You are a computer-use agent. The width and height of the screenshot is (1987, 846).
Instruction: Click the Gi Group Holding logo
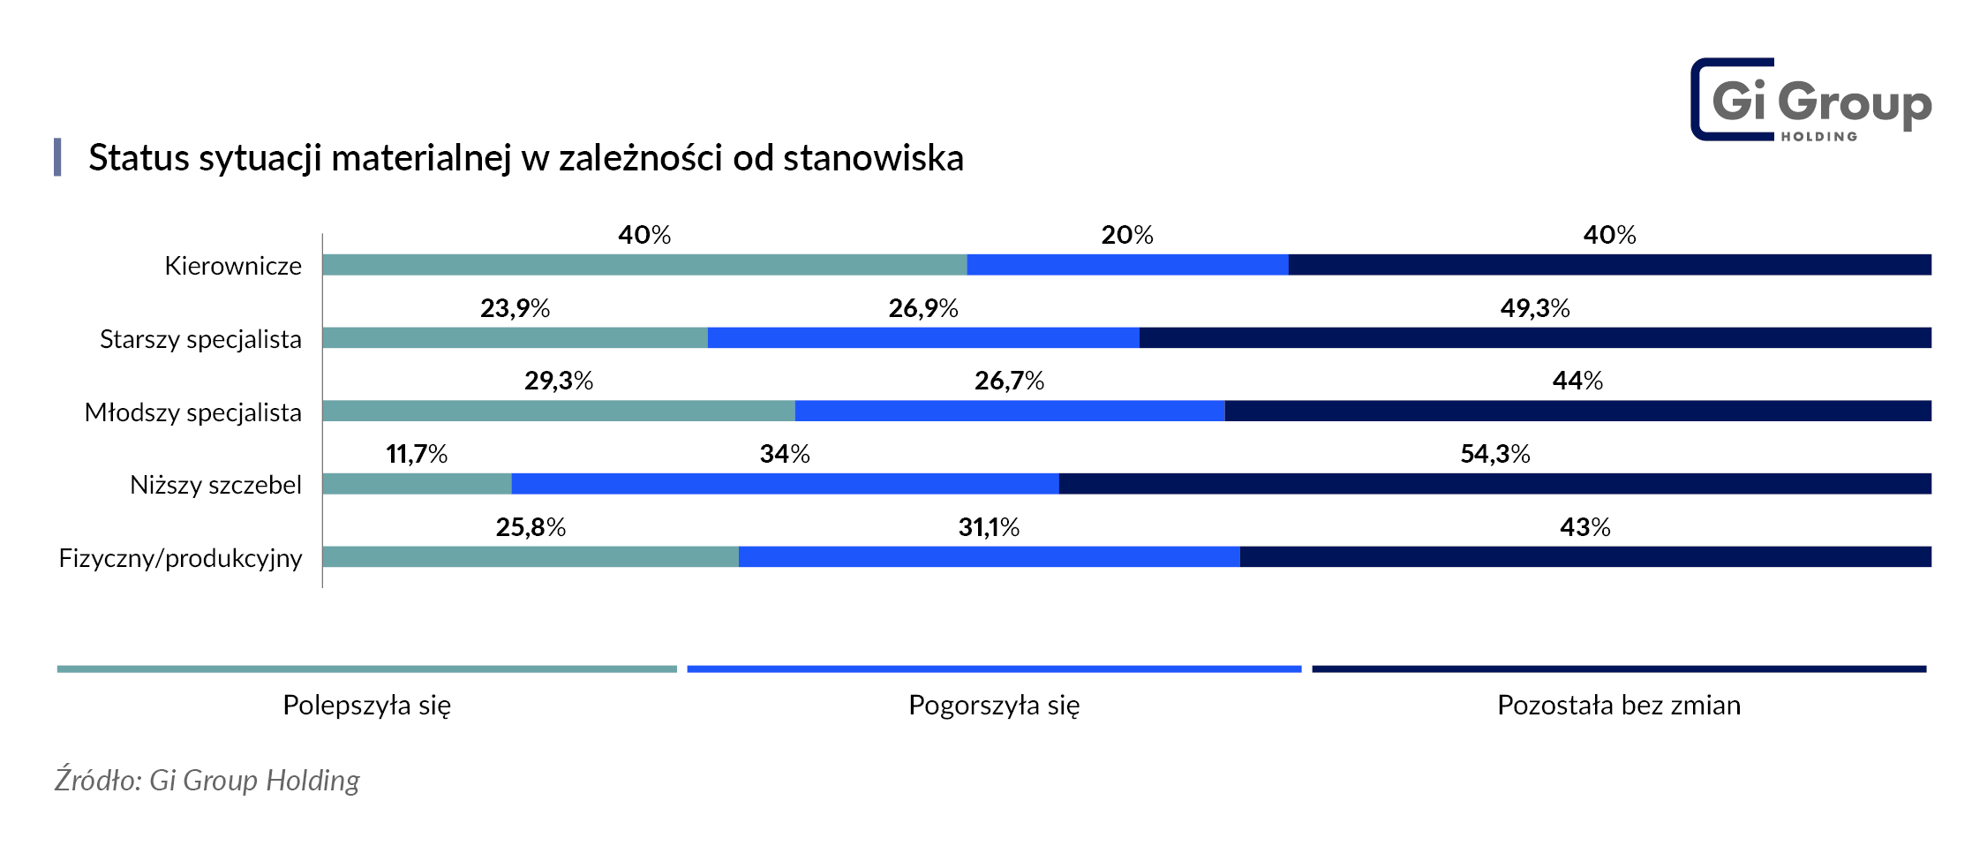tap(1810, 100)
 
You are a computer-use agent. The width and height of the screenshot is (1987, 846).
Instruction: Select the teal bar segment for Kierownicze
tap(644, 265)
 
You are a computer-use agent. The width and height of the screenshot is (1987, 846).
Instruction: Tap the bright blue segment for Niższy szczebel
tap(785, 484)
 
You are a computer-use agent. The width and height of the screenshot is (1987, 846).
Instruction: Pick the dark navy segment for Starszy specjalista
tap(1535, 338)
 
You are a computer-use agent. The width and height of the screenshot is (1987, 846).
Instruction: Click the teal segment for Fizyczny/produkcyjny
tap(531, 557)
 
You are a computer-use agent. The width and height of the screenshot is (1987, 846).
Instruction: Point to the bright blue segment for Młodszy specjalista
tap(1010, 412)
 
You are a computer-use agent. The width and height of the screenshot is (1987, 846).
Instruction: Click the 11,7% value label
tap(417, 454)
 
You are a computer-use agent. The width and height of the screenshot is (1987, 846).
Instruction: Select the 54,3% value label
tap(1495, 454)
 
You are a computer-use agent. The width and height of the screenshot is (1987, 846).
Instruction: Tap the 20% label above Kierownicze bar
tap(1127, 235)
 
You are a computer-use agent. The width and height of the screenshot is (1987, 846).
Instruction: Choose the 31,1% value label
tap(989, 527)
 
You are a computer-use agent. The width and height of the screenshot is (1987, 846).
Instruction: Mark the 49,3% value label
tap(1535, 308)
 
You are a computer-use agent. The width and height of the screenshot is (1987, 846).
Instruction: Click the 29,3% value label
tap(559, 381)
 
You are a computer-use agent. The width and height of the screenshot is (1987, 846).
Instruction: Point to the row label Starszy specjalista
tap(200, 339)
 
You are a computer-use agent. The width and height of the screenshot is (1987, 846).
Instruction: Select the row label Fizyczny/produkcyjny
tap(180, 558)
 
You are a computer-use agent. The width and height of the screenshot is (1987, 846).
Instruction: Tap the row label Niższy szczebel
tap(215, 485)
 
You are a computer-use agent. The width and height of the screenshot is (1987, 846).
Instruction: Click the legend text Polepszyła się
tap(366, 705)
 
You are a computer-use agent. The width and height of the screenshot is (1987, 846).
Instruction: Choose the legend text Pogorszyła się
tap(994, 705)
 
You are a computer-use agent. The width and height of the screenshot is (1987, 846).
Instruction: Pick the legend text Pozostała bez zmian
tap(1619, 705)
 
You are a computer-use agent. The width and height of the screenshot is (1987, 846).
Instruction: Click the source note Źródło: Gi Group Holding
tap(207, 780)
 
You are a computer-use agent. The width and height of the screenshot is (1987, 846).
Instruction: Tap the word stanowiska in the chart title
tap(873, 158)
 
